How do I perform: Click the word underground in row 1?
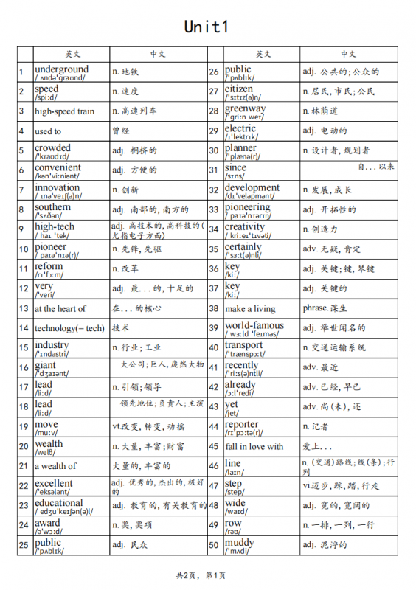[61, 69]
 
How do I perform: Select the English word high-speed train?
[65, 111]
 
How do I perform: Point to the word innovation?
[57, 187]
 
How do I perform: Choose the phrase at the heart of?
[60, 308]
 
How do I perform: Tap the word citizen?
[238, 88]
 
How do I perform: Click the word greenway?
[245, 108]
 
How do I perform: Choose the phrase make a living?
[250, 308]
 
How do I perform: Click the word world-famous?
[254, 325]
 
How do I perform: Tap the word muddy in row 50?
[239, 542]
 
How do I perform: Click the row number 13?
[24, 308]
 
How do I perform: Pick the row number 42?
[215, 386]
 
